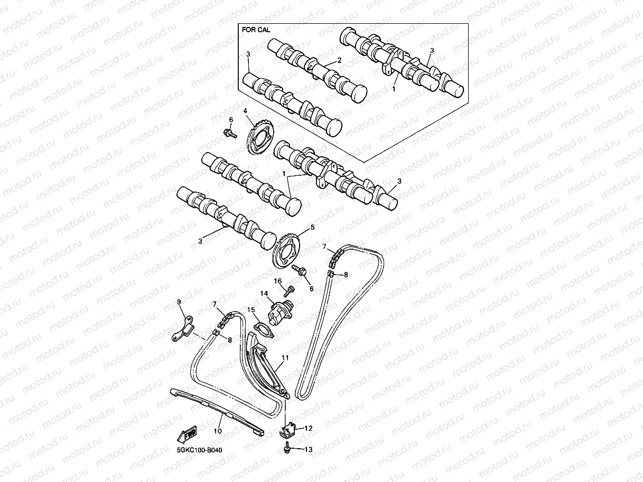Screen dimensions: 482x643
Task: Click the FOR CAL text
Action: (256, 30)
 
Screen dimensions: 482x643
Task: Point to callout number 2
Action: (339, 60)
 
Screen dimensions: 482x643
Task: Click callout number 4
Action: (245, 111)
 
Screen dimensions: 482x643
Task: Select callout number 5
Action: (312, 228)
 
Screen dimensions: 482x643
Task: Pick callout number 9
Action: (179, 301)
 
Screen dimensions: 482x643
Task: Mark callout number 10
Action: (218, 431)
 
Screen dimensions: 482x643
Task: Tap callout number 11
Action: (285, 357)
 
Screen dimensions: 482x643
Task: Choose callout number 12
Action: (309, 428)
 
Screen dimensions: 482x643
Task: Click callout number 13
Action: (309, 449)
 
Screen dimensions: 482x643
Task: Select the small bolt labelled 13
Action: (286, 449)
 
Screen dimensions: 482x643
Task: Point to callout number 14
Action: (263, 293)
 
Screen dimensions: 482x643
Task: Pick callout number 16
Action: (277, 280)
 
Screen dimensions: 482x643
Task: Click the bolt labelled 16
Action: (288, 290)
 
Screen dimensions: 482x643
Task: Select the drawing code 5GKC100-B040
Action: (199, 451)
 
